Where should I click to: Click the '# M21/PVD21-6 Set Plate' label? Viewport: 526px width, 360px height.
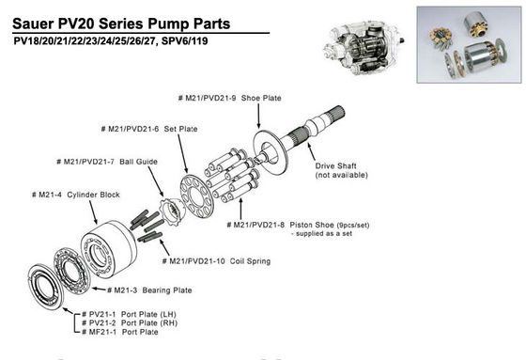pos(149,128)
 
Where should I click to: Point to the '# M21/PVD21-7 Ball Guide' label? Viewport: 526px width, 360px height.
pos(107,162)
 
